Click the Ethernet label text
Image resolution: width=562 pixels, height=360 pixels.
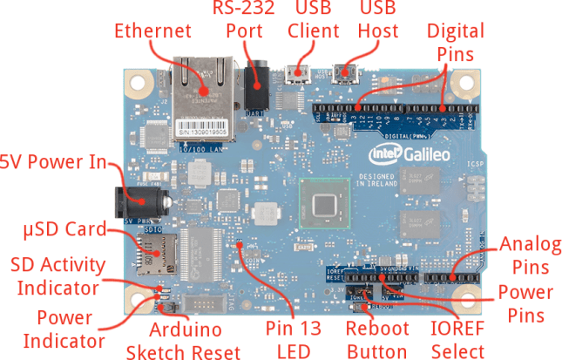pyautogui.click(x=152, y=31)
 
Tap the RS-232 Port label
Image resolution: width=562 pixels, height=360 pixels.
pyautogui.click(x=244, y=20)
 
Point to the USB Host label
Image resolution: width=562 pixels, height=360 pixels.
pyautogui.click(x=378, y=20)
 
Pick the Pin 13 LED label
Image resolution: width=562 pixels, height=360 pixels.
pyautogui.click(x=294, y=340)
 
